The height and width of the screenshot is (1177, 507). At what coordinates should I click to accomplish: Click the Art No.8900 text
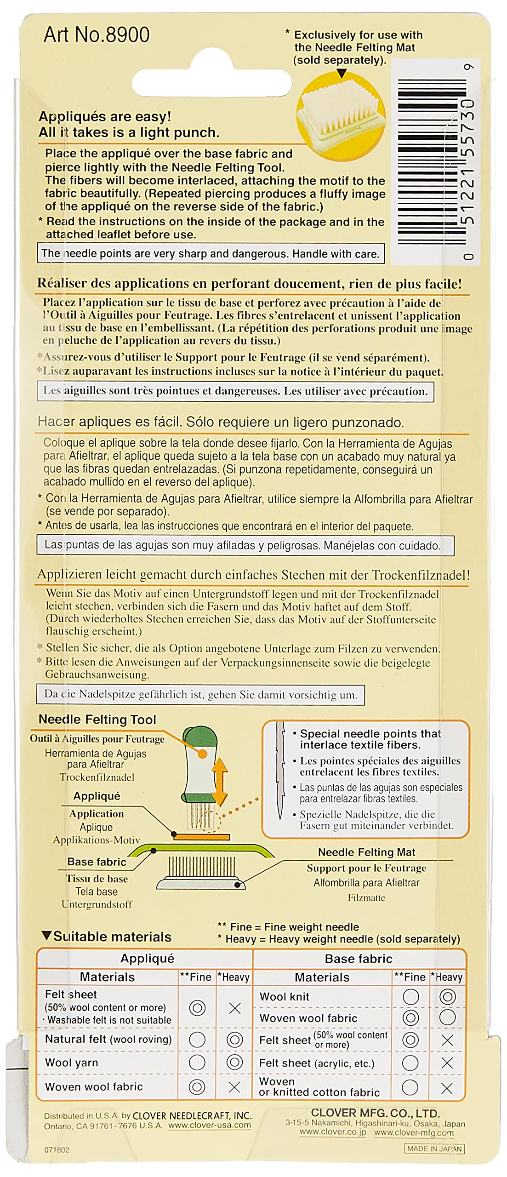[97, 35]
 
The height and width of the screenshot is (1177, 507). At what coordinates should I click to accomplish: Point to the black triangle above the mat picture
[342, 74]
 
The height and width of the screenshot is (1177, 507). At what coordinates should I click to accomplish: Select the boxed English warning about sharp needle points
[210, 254]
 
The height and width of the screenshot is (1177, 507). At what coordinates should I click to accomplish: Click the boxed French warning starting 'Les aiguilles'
[235, 391]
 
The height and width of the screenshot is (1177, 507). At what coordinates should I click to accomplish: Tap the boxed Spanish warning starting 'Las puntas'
[245, 546]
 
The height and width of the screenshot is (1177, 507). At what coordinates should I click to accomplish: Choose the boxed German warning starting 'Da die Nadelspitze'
[200, 694]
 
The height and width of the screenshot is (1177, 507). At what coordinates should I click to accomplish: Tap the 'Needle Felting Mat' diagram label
[366, 852]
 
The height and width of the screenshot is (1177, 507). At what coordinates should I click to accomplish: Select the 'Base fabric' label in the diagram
[97, 862]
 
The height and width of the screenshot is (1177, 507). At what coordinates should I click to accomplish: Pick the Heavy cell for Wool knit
[447, 996]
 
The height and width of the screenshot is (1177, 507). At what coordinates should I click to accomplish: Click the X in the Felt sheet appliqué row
[234, 1008]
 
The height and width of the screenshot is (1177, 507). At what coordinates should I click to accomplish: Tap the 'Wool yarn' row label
[72, 1062]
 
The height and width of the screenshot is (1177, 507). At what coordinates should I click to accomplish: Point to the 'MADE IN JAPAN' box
[434, 1148]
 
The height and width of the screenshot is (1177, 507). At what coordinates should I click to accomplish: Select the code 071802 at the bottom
[57, 1150]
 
